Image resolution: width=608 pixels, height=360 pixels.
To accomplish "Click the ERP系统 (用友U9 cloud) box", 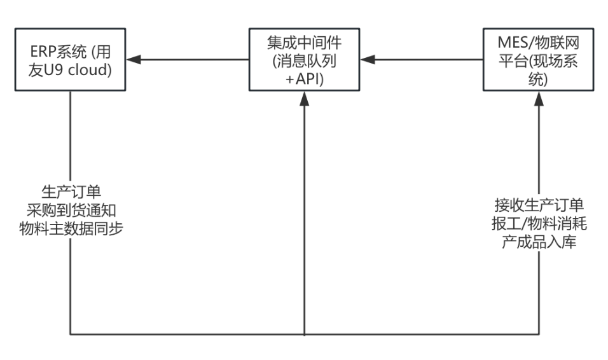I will pyautogui.click(x=70, y=60).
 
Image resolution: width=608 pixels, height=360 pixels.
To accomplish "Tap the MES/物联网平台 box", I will pyautogui.click(x=539, y=60).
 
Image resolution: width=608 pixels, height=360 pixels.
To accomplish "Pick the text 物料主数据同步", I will pyautogui.click(x=70, y=228).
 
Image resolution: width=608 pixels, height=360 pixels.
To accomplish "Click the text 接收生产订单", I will pyautogui.click(x=539, y=206).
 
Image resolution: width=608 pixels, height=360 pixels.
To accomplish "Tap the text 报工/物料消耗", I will pyautogui.click(x=539, y=224).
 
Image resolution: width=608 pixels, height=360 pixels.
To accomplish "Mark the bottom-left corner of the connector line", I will pyautogui.click(x=70, y=335).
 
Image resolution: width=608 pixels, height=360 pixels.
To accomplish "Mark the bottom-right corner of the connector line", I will pyautogui.click(x=539, y=335).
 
